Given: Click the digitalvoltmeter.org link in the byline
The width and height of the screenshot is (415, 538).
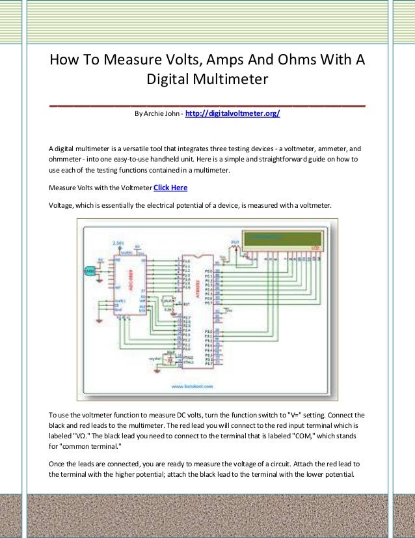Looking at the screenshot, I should pyautogui.click(x=232, y=114).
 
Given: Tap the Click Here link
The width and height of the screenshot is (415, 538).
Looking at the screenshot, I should pyautogui.click(x=170, y=188).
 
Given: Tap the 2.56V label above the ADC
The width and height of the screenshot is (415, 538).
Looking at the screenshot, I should pyautogui.click(x=117, y=243).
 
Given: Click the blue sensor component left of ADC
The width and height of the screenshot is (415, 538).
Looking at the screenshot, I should pyautogui.click(x=88, y=270).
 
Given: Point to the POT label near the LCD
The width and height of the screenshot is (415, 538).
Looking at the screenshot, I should pyautogui.click(x=235, y=242).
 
